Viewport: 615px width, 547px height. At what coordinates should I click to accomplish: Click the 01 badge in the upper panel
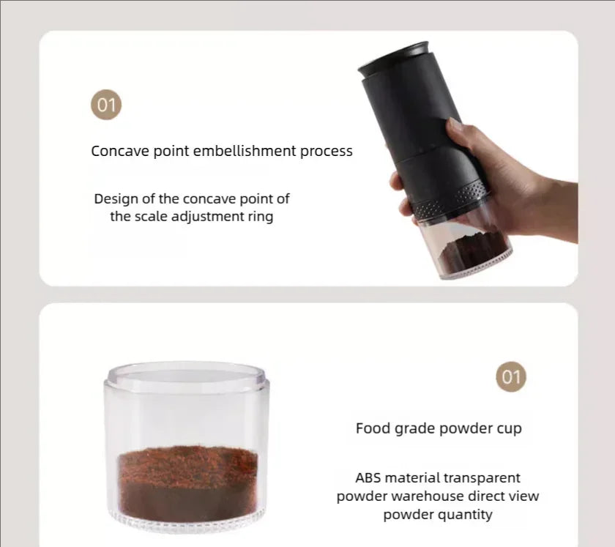pyautogui.click(x=106, y=105)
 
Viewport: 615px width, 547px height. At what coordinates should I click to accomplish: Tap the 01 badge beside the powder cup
pyautogui.click(x=510, y=377)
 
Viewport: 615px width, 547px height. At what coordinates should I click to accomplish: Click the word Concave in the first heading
pyautogui.click(x=118, y=152)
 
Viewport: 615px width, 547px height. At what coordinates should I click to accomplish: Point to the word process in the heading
pyautogui.click(x=327, y=152)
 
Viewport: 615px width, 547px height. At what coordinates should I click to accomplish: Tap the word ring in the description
pyautogui.click(x=260, y=217)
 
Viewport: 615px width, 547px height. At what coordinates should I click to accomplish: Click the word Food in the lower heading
pyautogui.click(x=371, y=428)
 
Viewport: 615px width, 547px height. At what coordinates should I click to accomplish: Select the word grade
pyautogui.click(x=411, y=428)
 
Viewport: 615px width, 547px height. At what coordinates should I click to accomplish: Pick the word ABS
pyautogui.click(x=370, y=478)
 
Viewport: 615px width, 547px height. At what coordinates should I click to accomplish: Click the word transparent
pyautogui.click(x=484, y=478)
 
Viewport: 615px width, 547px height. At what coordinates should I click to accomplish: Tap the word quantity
pyautogui.click(x=466, y=515)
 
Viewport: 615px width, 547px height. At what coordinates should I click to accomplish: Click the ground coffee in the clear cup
pyautogui.click(x=188, y=475)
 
